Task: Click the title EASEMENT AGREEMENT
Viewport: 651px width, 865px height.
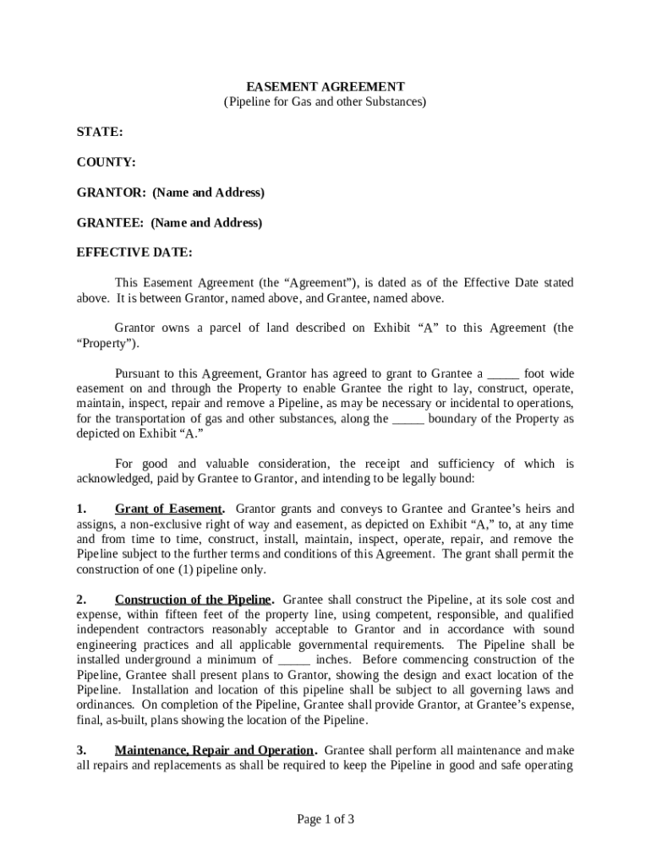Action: coord(325,86)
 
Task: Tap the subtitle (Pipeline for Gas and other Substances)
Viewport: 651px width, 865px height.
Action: coord(325,101)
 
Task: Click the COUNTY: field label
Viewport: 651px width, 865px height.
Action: coord(107,162)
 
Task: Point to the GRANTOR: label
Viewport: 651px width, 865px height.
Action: coord(112,193)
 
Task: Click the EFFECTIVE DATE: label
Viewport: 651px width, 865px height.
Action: coord(134,253)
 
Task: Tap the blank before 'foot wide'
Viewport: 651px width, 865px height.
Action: coord(504,373)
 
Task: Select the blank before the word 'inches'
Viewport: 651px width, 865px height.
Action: coord(294,660)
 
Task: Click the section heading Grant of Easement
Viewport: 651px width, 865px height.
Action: coord(169,509)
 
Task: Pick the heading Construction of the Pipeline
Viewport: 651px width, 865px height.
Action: coord(193,599)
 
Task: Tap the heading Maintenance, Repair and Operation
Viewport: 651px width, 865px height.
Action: coord(214,750)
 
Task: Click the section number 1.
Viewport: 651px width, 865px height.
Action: coord(81,509)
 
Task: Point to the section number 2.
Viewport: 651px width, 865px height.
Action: coord(81,599)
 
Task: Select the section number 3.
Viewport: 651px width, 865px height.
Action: coord(81,750)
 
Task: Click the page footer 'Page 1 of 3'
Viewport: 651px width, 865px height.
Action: coord(325,819)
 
